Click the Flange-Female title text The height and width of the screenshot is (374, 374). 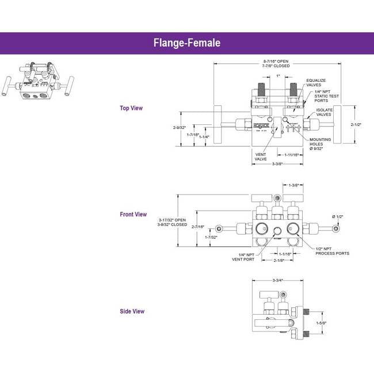[x=187, y=43]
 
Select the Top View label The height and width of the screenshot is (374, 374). [x=131, y=108]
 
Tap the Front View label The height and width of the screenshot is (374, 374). [x=133, y=215]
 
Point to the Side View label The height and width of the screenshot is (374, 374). [x=132, y=311]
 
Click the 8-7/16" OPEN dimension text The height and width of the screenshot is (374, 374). [x=276, y=61]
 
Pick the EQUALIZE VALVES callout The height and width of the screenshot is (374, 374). [x=317, y=82]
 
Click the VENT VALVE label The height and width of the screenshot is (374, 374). [x=261, y=156]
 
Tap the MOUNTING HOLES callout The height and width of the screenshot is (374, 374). [x=320, y=144]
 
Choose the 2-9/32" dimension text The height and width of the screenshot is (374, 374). [x=180, y=127]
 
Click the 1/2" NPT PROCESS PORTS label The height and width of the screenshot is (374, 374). [x=332, y=251]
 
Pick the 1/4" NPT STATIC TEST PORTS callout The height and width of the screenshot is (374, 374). [x=321, y=97]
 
